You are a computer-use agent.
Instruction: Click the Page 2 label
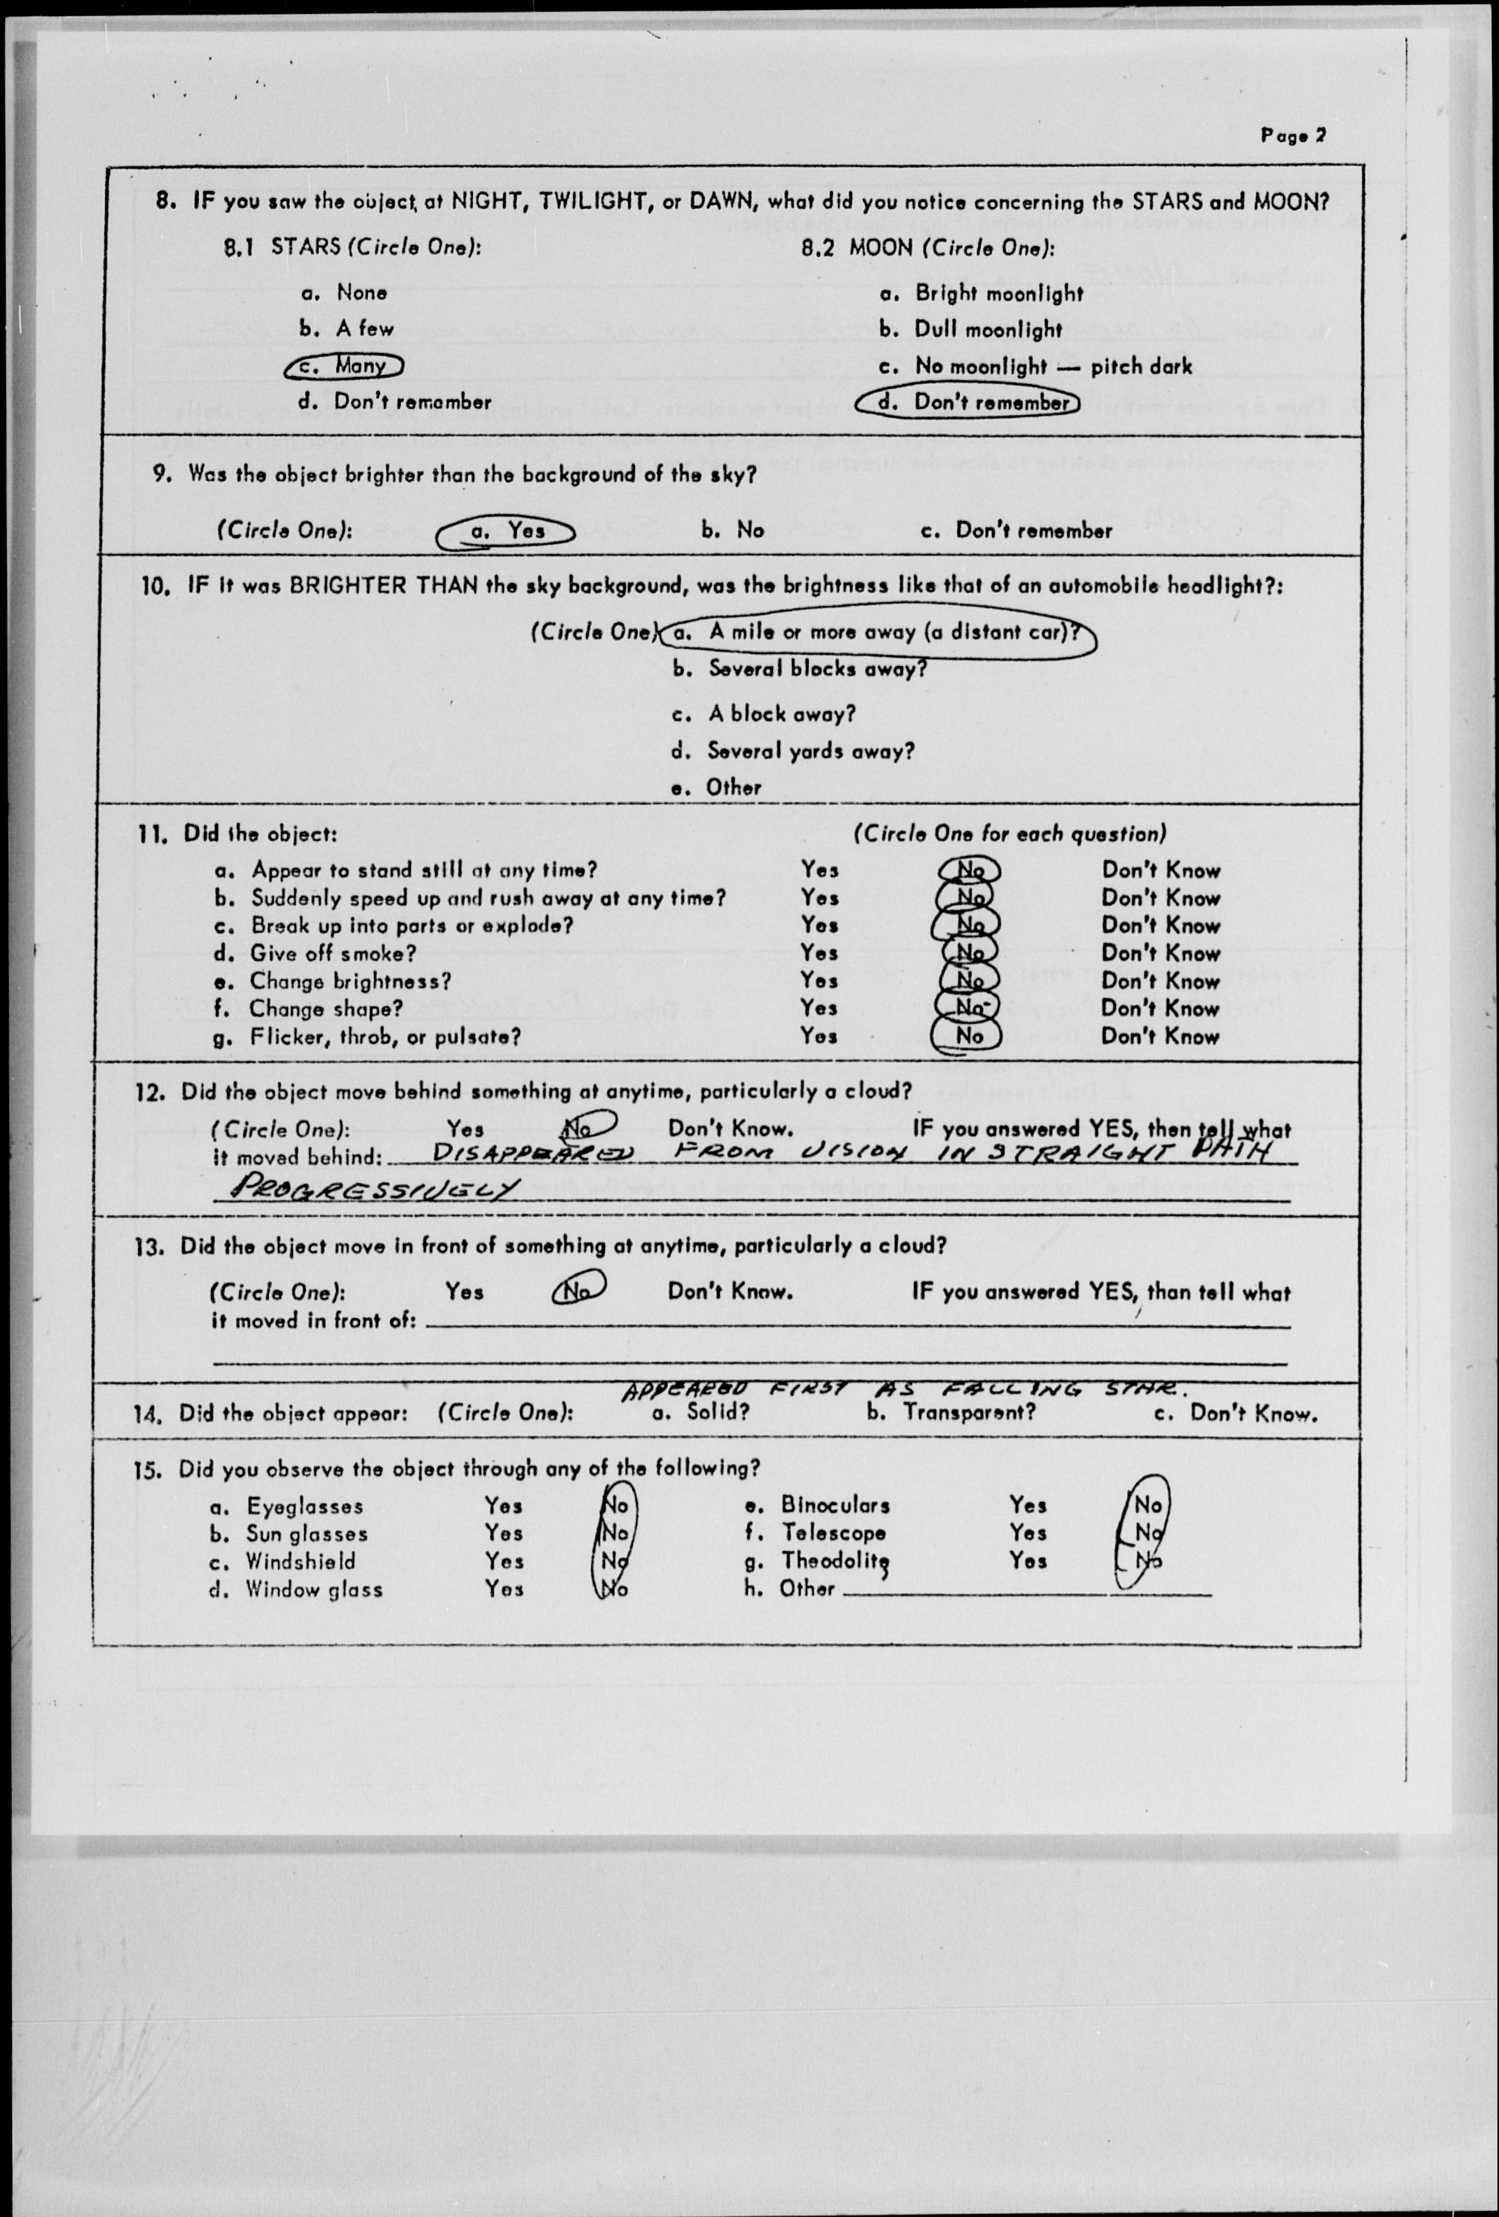click(x=1292, y=135)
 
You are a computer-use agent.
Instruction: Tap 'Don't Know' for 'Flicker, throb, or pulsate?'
click(x=1160, y=1036)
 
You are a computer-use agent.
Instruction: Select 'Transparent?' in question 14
click(x=969, y=1412)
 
